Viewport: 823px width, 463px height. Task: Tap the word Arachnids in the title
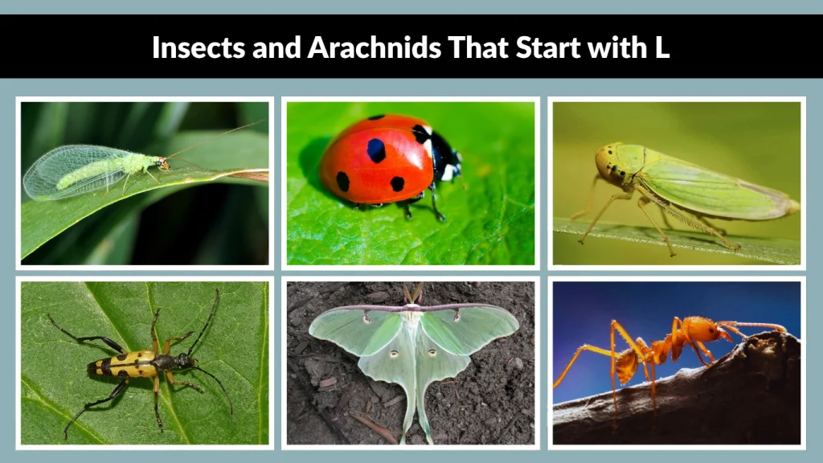(374, 47)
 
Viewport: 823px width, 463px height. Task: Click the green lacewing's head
(163, 163)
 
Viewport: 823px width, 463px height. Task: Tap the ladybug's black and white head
(444, 154)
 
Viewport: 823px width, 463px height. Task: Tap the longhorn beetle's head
(185, 361)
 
